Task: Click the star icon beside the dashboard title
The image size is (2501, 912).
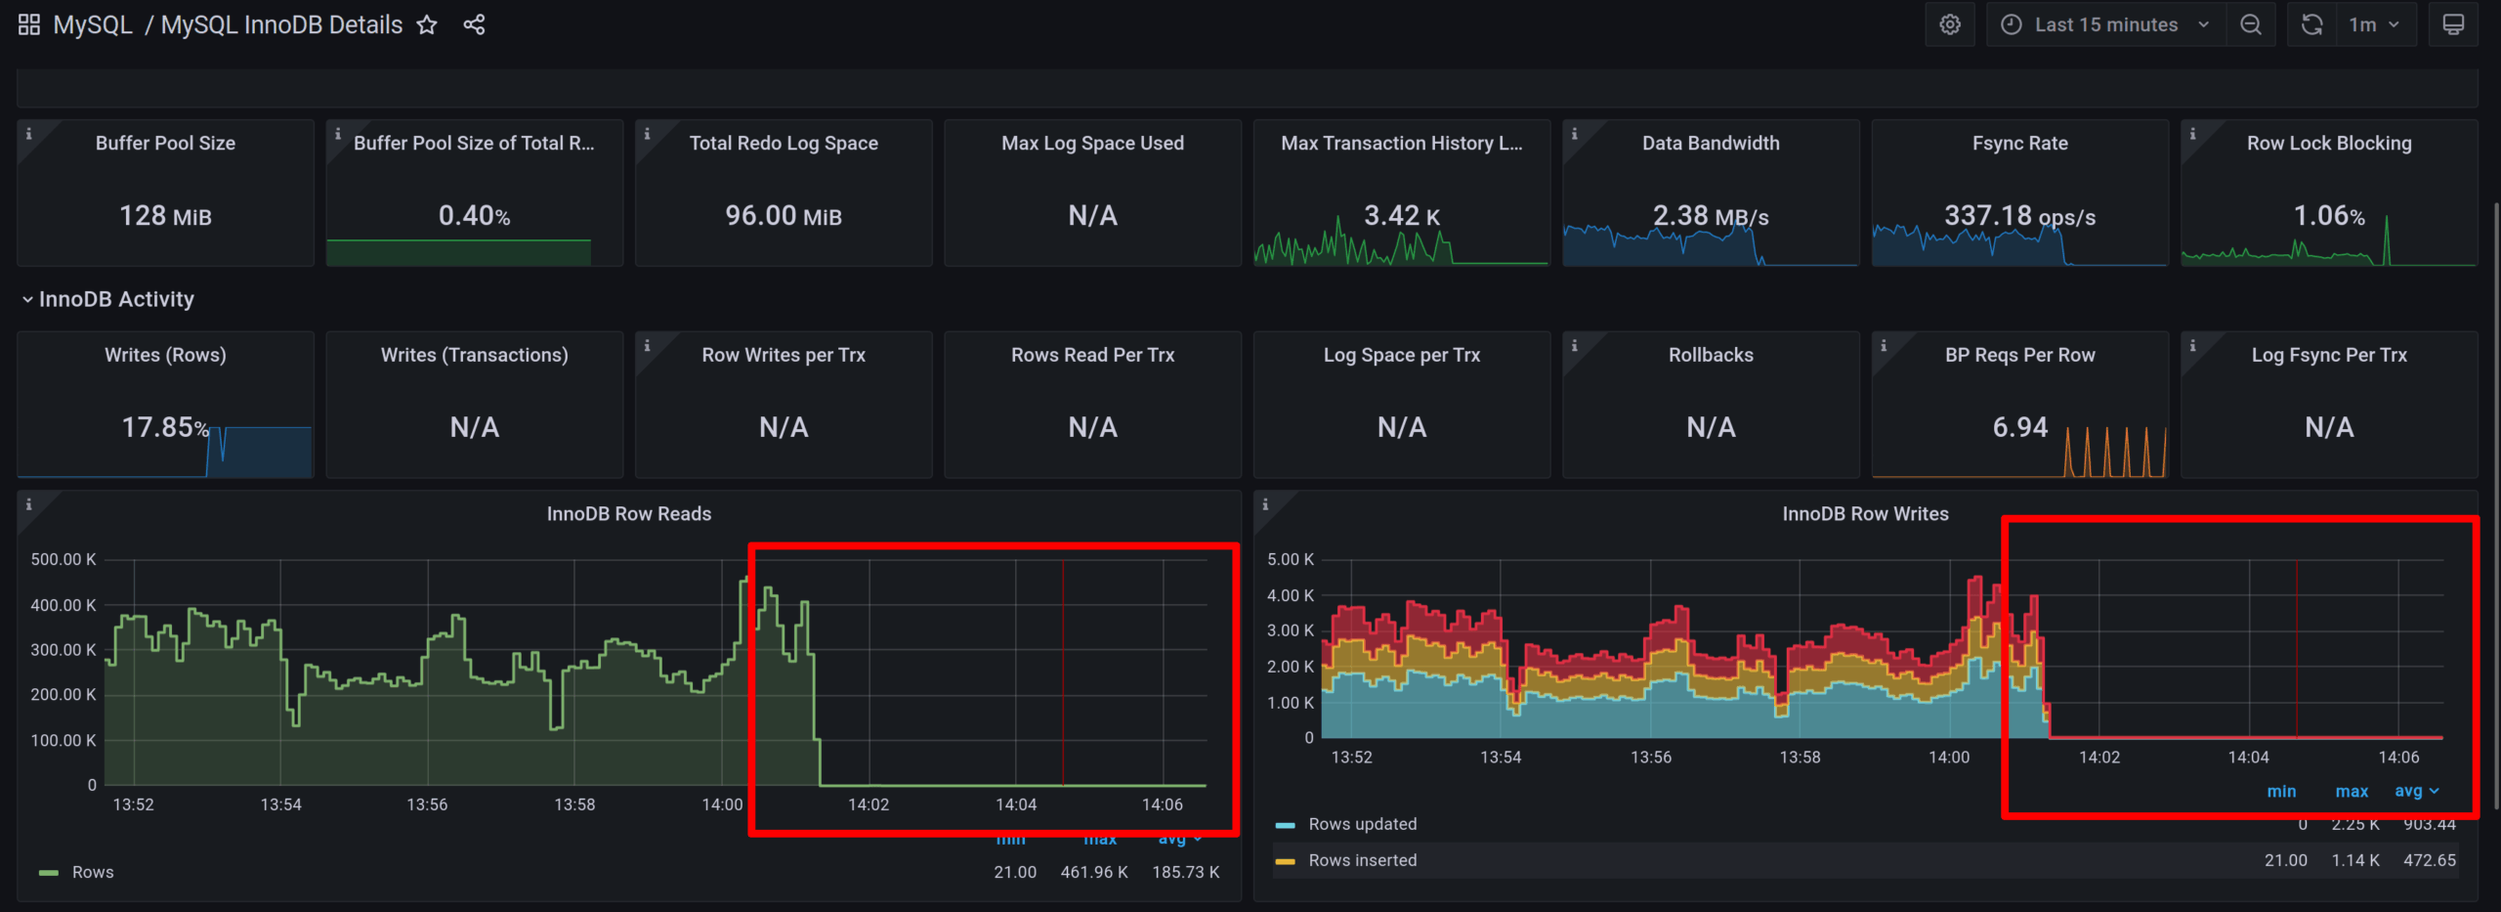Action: point(427,25)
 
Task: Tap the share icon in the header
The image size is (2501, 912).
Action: point(474,25)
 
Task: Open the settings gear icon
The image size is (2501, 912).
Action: point(1950,25)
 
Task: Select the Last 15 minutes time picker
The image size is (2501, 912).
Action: point(2105,25)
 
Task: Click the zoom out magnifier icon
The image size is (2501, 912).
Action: point(2251,25)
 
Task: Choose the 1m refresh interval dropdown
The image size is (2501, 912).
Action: point(2374,25)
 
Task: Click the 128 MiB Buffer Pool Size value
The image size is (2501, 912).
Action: point(165,216)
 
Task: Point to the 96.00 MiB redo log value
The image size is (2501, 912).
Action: point(783,216)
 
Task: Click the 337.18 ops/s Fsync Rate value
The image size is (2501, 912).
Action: point(2018,216)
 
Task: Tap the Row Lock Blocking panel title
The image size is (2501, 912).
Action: point(2328,144)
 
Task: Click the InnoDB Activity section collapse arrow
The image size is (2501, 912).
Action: point(27,300)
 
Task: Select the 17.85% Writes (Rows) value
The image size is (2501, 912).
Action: point(164,427)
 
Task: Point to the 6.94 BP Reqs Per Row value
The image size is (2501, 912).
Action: point(2019,427)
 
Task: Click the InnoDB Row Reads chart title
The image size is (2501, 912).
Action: point(628,514)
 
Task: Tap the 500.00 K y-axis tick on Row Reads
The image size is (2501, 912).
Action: point(64,560)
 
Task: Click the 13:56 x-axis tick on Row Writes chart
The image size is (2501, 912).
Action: point(1650,758)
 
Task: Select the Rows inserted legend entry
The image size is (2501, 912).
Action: point(1362,860)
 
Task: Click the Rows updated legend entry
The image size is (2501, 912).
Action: point(1362,824)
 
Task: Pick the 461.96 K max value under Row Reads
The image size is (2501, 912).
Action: point(1093,872)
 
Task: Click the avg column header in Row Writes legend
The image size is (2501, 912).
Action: point(2408,792)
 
